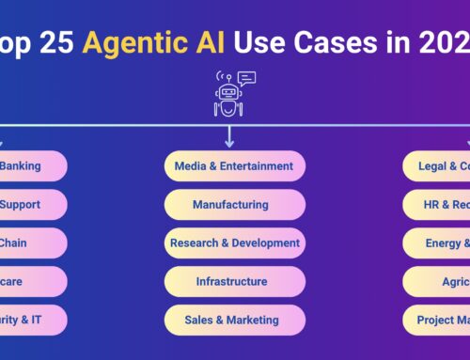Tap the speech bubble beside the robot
click(246, 79)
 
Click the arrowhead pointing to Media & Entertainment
click(229, 143)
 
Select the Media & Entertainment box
click(234, 166)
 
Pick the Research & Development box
click(234, 243)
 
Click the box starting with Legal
click(438, 166)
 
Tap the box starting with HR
click(438, 204)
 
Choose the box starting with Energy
click(438, 243)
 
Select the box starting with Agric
click(438, 281)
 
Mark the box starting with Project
click(438, 320)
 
